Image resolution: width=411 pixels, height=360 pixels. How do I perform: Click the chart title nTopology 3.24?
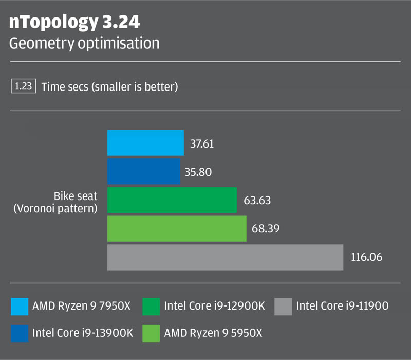click(x=74, y=23)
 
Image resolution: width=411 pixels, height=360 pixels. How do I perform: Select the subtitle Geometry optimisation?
click(x=84, y=43)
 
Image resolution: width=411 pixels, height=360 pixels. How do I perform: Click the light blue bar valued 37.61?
click(x=145, y=142)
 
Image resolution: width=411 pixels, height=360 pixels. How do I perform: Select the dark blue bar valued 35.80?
click(x=144, y=171)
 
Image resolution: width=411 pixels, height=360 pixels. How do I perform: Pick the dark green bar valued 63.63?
click(x=172, y=200)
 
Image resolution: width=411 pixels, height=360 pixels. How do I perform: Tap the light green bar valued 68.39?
click(x=177, y=228)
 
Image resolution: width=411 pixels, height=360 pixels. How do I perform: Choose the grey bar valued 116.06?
click(x=225, y=257)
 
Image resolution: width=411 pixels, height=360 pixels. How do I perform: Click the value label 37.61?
click(x=201, y=143)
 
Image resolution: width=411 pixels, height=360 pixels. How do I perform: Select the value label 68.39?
click(x=265, y=229)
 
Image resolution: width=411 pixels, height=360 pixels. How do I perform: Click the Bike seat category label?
click(x=76, y=196)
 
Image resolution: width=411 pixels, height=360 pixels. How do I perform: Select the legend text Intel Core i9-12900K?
click(x=214, y=307)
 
